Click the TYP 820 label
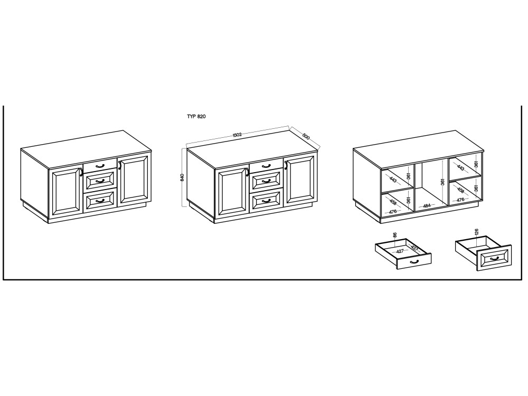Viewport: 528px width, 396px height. [196, 117]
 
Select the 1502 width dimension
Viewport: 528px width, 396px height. [237, 135]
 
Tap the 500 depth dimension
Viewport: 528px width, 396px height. [306, 137]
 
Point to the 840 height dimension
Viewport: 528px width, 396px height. [182, 177]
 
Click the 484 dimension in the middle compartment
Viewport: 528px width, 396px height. [427, 205]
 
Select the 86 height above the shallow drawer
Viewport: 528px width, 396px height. [395, 235]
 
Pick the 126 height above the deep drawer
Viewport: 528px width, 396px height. [476, 232]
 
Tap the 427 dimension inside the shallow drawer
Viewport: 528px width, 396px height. [400, 251]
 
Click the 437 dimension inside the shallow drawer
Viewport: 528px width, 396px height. [414, 248]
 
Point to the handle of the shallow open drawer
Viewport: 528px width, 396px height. [414, 262]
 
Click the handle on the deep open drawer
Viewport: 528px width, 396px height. [494, 259]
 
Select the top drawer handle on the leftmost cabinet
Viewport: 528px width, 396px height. [100, 165]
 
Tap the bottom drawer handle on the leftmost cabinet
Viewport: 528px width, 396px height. [100, 201]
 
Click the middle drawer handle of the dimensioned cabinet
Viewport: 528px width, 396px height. [266, 181]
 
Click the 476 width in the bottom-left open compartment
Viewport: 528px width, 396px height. [393, 212]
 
